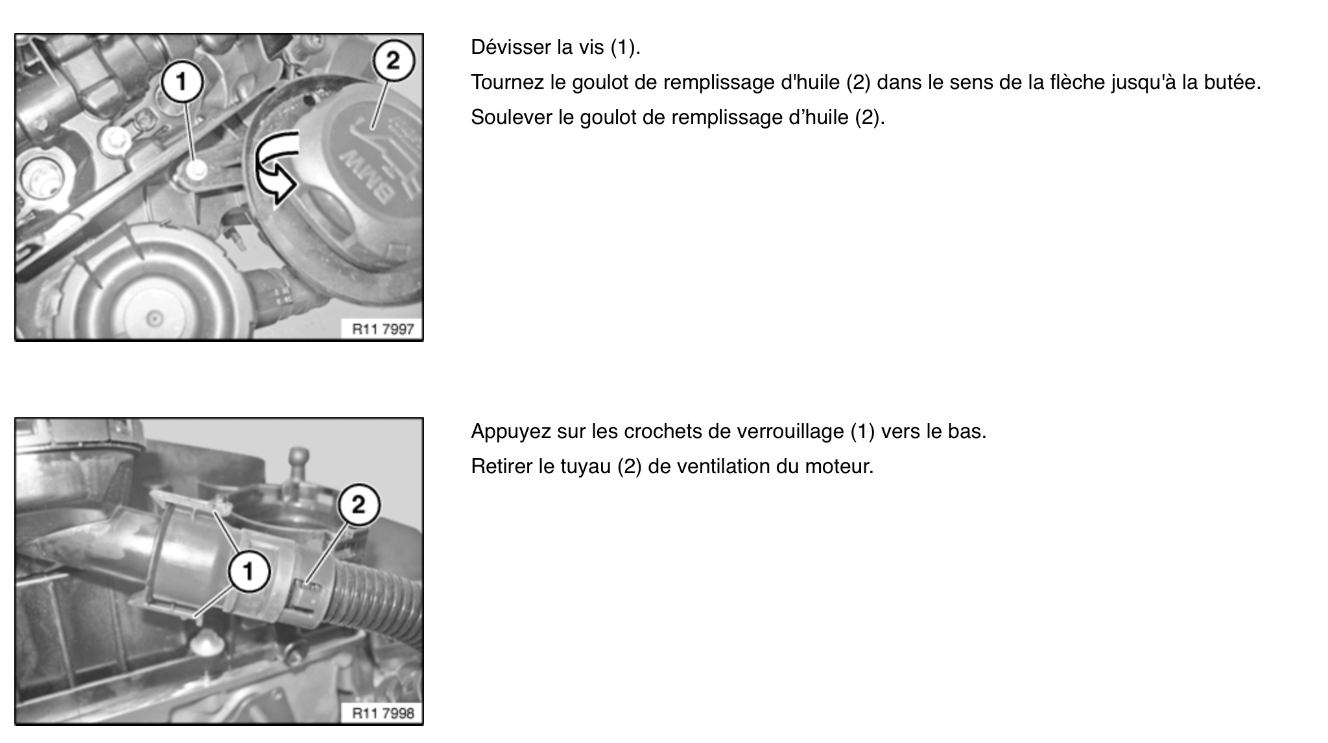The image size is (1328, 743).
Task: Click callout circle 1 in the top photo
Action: click(182, 82)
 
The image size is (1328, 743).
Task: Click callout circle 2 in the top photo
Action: click(392, 61)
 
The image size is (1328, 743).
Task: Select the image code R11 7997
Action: click(383, 329)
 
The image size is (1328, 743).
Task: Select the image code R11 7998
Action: click(383, 713)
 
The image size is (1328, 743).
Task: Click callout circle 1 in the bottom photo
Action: click(248, 572)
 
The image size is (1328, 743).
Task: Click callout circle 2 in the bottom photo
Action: click(359, 504)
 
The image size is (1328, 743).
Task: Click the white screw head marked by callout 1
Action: click(196, 170)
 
